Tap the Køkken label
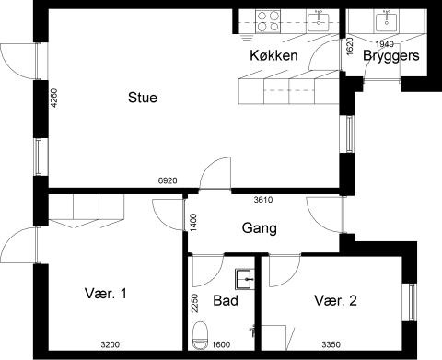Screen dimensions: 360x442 pyautogui.click(x=273, y=56)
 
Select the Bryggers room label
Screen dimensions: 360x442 pyautogui.click(x=391, y=56)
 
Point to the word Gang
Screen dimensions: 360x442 pyautogui.click(x=260, y=228)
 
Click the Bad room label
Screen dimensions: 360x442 pyautogui.click(x=226, y=301)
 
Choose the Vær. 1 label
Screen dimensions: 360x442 pyautogui.click(x=105, y=294)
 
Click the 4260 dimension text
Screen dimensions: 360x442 pyautogui.click(x=53, y=99)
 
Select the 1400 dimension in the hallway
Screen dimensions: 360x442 pyautogui.click(x=194, y=222)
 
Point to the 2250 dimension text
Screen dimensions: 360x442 pyautogui.click(x=194, y=303)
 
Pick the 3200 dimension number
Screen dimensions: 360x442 pyautogui.click(x=111, y=346)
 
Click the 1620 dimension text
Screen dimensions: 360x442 pyautogui.click(x=351, y=46)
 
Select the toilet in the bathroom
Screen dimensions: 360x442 pyautogui.click(x=201, y=338)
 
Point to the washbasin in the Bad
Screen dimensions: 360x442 pyautogui.click(x=245, y=277)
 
